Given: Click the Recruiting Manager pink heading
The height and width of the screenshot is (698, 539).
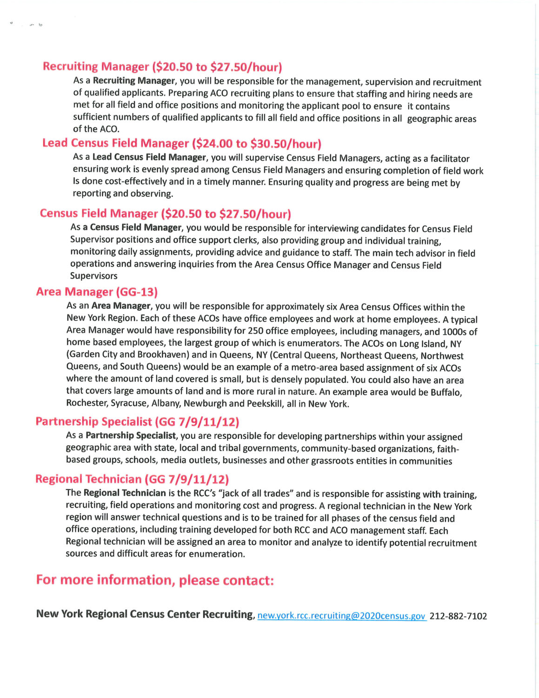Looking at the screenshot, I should [162, 67].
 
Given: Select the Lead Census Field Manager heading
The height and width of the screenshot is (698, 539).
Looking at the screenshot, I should [182, 143].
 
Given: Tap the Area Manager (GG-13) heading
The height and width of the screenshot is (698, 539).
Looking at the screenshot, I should [97, 292].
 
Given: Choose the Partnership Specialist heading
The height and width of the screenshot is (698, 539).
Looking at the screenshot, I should [137, 422].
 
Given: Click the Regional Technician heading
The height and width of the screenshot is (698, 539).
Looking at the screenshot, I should [132, 479].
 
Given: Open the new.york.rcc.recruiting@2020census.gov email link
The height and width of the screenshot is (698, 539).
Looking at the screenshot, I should [341, 616].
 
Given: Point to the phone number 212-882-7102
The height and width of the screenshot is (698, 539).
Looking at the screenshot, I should [458, 616].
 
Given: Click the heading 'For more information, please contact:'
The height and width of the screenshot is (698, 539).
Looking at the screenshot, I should [155, 580].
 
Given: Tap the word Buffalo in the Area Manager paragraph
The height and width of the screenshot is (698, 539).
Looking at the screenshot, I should [446, 392].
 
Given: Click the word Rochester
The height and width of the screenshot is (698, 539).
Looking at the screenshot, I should [87, 403].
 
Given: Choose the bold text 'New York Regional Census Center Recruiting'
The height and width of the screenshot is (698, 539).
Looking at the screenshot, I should [145, 614].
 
